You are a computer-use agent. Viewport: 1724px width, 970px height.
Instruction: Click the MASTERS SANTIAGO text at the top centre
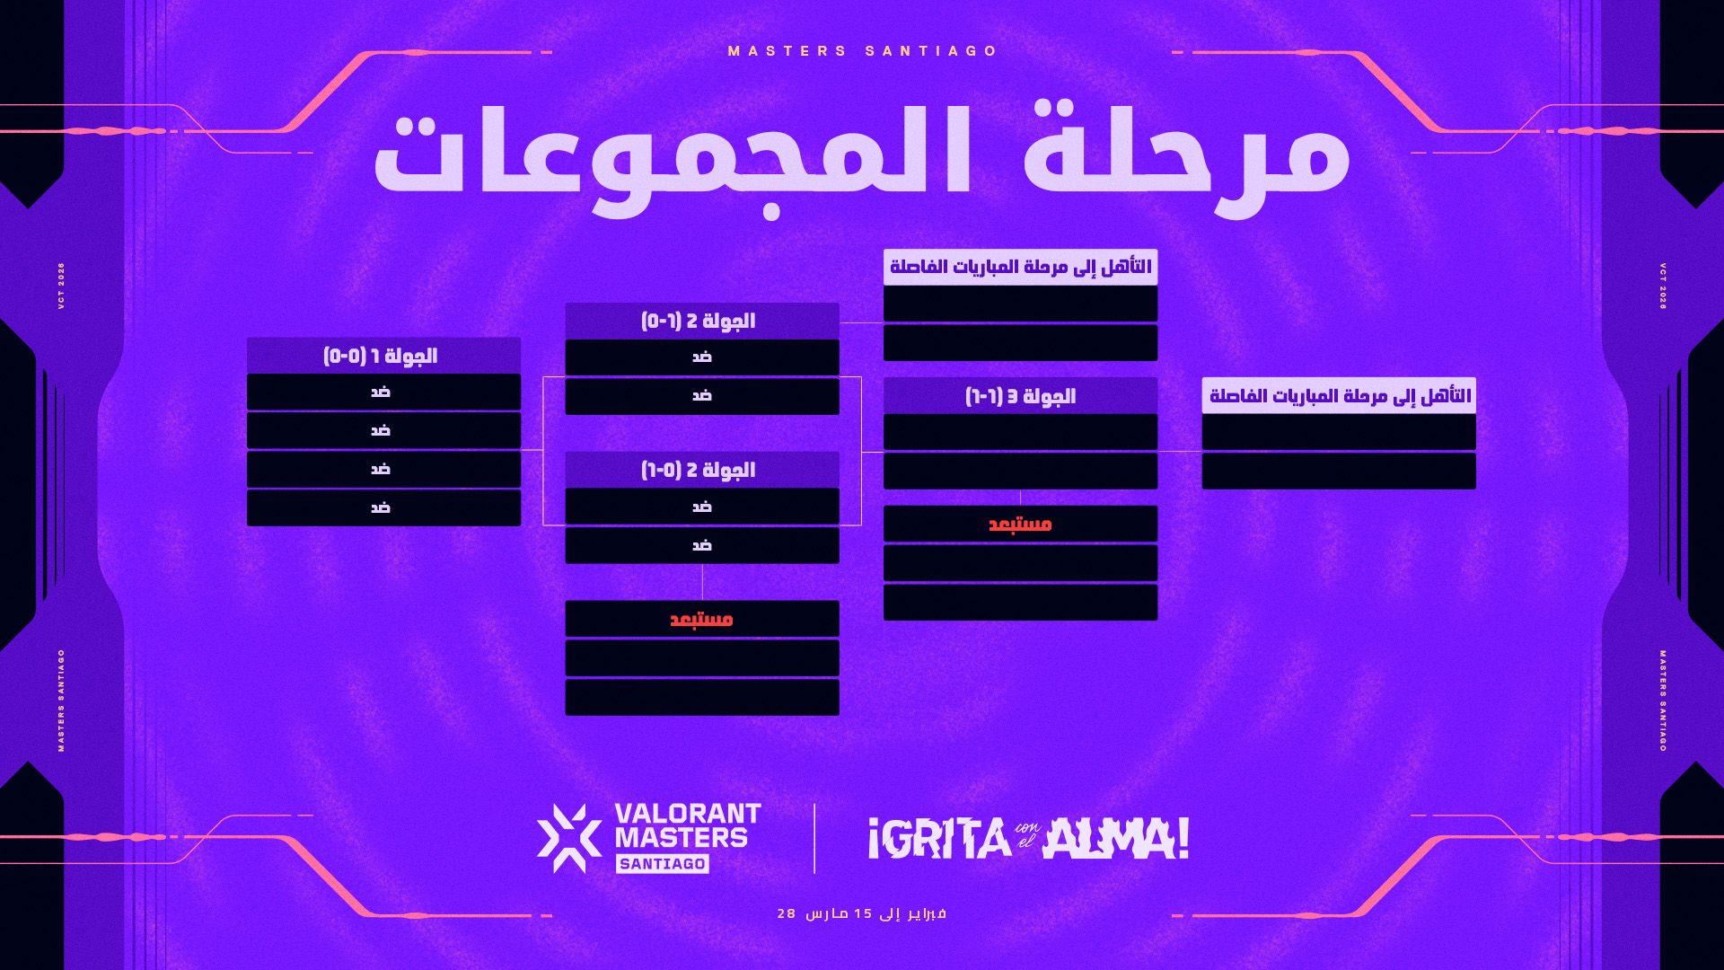pos(863,51)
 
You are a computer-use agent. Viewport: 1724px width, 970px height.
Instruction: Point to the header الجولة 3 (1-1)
pos(1020,396)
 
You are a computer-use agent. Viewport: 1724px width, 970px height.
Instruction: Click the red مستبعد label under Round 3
pos(1020,525)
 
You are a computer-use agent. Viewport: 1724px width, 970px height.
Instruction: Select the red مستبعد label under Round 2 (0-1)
pos(702,620)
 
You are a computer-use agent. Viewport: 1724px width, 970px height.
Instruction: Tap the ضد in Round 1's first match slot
pos(381,392)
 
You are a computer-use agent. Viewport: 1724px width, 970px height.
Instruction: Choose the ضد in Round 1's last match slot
pos(381,508)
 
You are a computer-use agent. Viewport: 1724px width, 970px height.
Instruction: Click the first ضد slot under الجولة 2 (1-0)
pos(702,357)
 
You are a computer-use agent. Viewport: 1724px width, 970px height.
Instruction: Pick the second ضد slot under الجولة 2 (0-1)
pos(702,545)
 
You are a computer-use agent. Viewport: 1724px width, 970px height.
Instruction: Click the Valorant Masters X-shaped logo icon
pos(569,838)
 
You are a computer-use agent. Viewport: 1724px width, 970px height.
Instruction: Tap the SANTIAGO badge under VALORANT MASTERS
pos(663,864)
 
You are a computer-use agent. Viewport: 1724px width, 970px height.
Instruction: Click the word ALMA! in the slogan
pos(1116,839)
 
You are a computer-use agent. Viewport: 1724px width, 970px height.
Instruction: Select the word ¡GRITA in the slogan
pos(939,839)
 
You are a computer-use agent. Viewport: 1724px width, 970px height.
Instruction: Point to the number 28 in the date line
pos(787,913)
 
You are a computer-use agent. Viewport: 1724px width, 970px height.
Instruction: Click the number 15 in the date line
pos(863,913)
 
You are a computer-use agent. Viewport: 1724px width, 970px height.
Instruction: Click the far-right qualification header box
pos(1339,396)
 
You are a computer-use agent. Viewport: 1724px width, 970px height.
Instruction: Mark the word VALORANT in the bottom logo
pos(688,814)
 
